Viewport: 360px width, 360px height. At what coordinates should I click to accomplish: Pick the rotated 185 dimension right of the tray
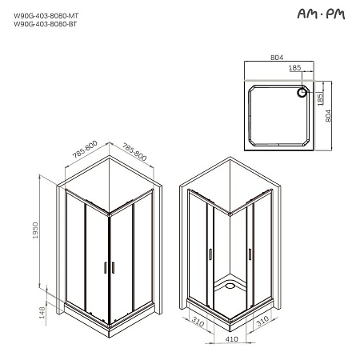pyautogui.click(x=320, y=100)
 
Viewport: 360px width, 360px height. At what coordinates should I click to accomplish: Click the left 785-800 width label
pyautogui.click(x=84, y=149)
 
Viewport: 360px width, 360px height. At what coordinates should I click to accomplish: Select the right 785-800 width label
pyautogui.click(x=135, y=149)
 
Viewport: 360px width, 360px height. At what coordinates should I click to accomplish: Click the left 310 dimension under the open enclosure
pyautogui.click(x=198, y=322)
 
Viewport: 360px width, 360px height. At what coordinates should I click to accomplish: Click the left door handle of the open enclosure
pyautogui.click(x=210, y=254)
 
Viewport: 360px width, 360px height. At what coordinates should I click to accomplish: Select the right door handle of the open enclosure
pyautogui.click(x=250, y=254)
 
